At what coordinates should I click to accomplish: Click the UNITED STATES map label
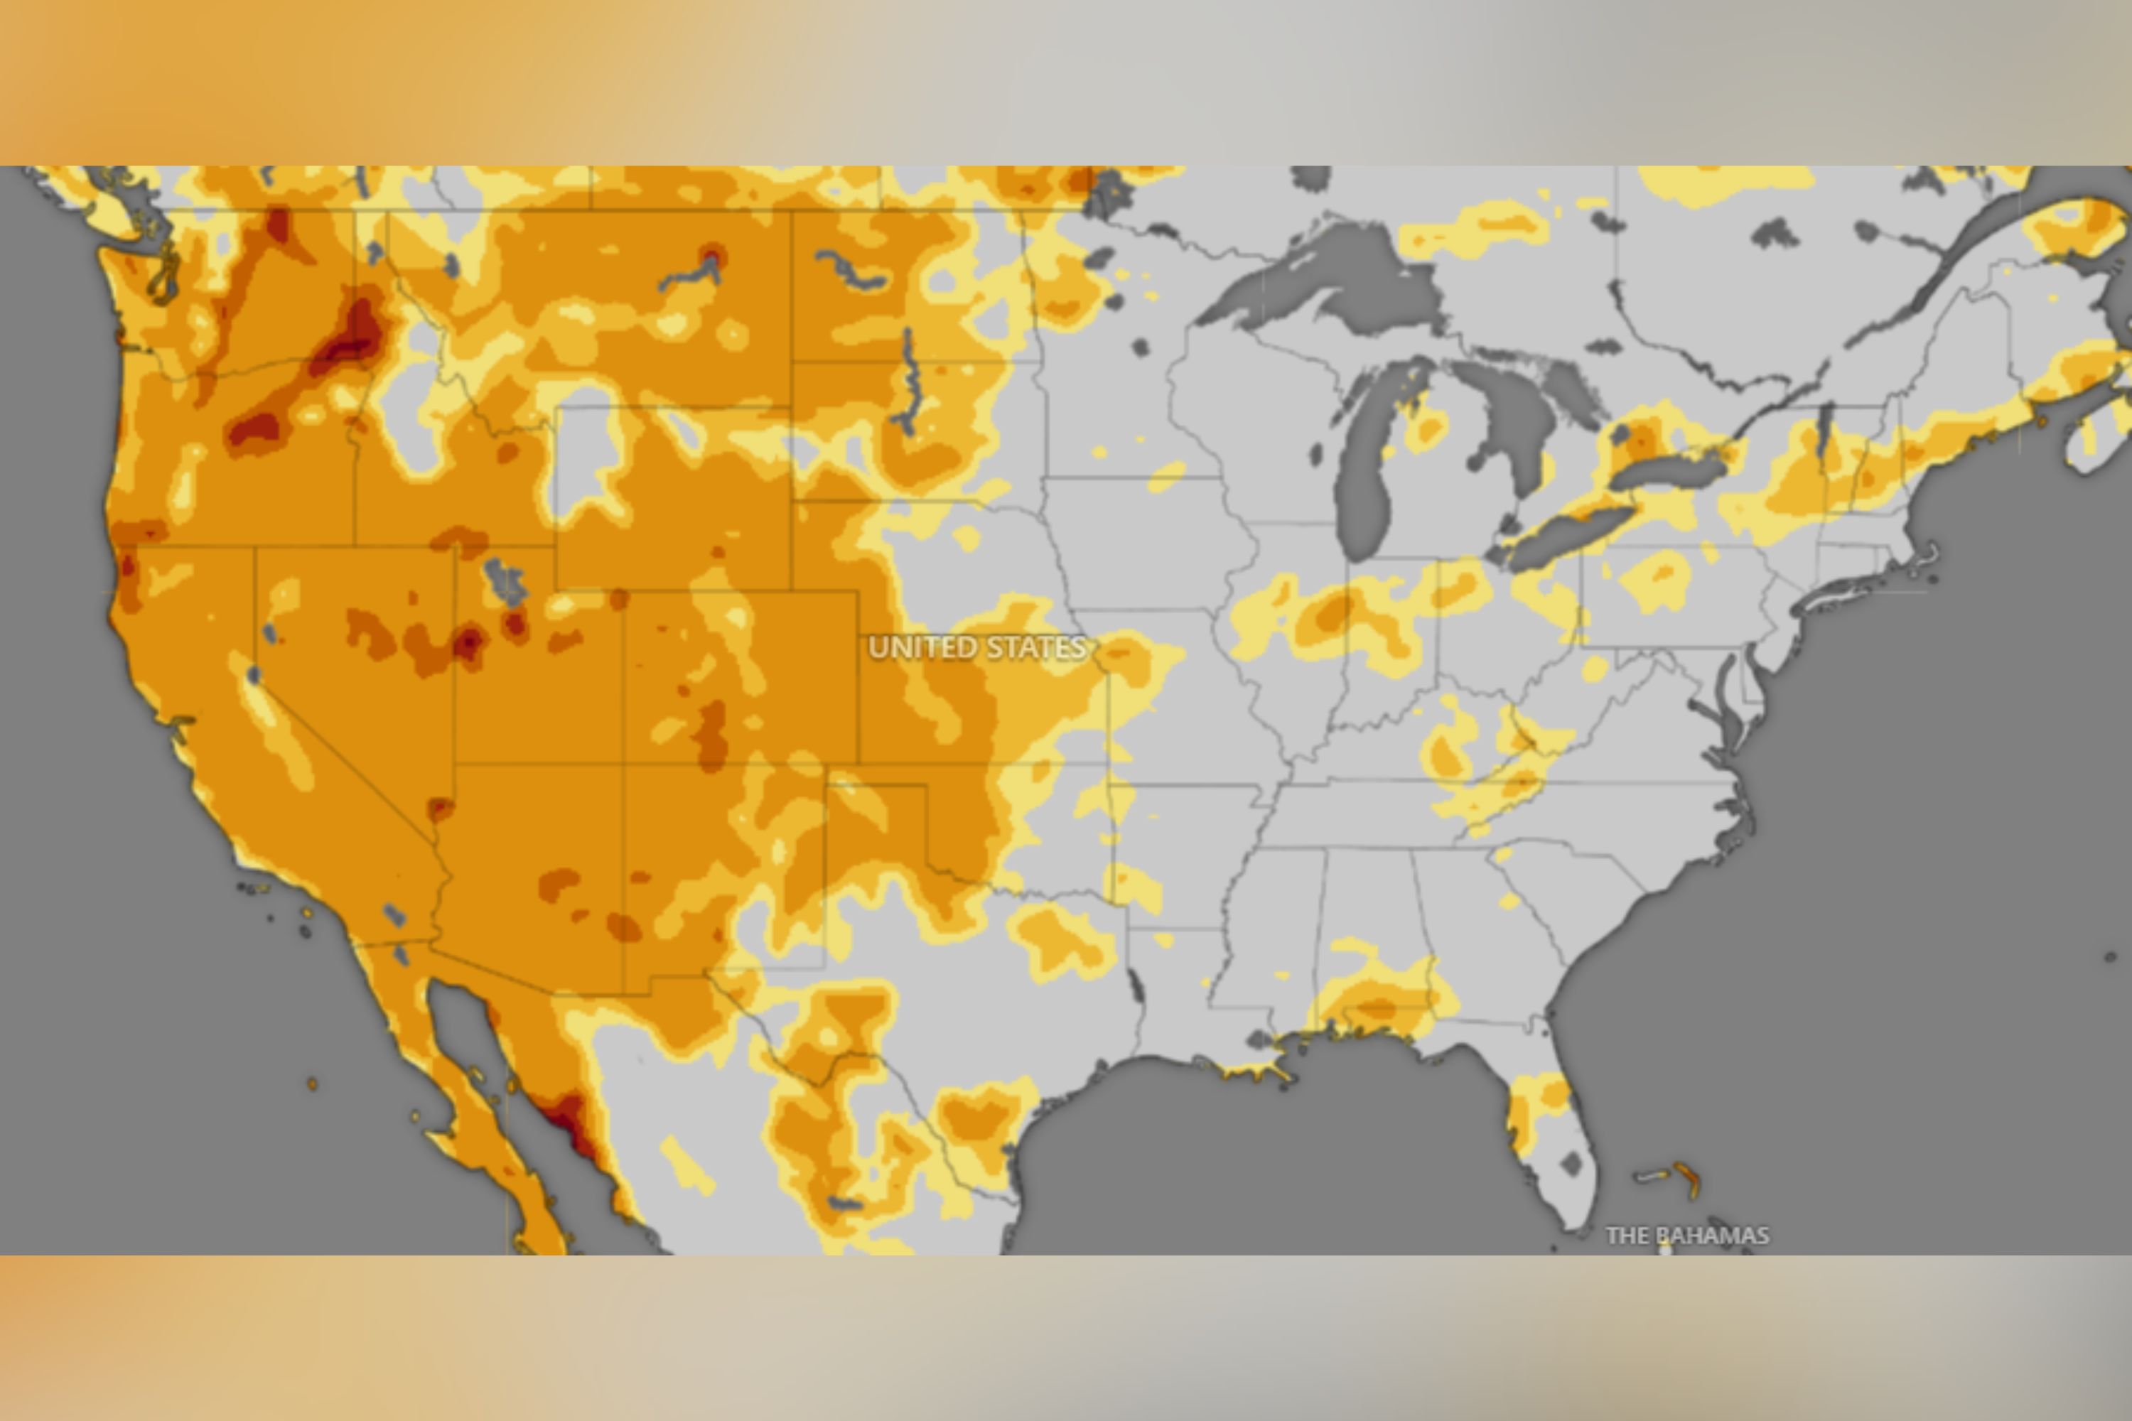coord(976,647)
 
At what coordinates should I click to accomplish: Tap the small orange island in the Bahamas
coord(1688,1178)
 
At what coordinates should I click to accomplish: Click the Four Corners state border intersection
coord(623,763)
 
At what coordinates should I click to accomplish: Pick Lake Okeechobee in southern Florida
coord(1573,1164)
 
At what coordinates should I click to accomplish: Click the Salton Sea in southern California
coord(394,914)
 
